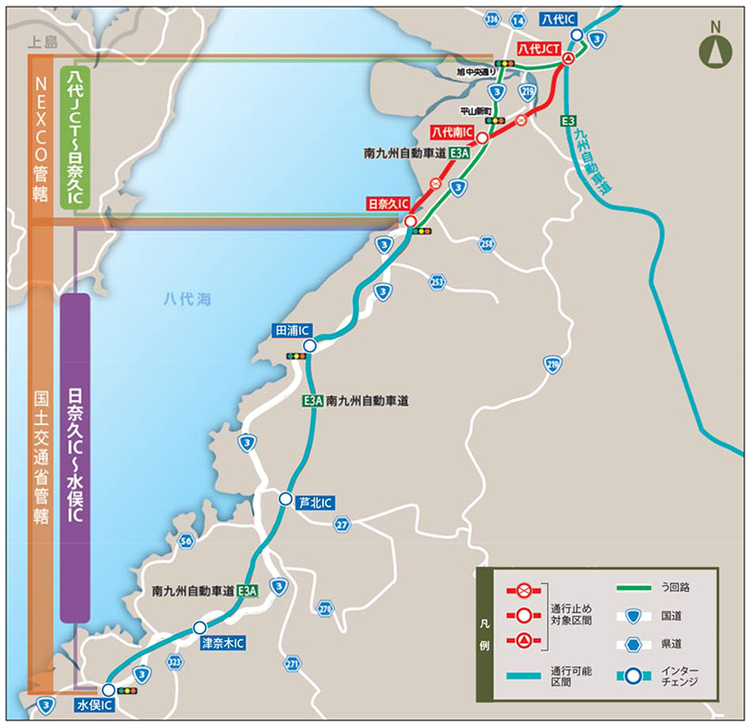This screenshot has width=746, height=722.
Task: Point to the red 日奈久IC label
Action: point(389,204)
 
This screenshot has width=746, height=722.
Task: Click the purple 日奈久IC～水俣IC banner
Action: point(75,457)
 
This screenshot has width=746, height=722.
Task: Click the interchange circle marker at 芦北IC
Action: point(285,499)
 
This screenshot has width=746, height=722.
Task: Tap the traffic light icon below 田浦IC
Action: point(297,356)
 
